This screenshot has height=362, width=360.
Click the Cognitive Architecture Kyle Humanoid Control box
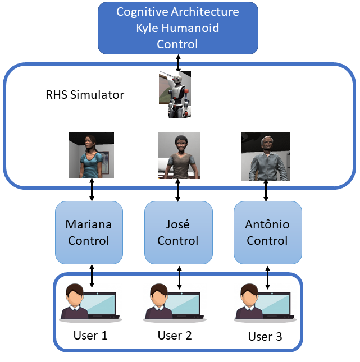178,28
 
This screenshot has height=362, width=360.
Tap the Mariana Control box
89,232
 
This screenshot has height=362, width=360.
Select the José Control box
178,232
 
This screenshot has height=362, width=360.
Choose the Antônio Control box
267,232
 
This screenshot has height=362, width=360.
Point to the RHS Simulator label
85,95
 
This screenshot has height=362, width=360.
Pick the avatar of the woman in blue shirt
91,155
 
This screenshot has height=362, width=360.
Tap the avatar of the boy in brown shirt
179,155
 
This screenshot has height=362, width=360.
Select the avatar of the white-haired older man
266,157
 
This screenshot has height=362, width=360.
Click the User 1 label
90,336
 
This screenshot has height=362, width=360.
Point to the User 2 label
175,336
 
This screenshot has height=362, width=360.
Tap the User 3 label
265,337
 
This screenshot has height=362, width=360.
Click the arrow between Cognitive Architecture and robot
179,62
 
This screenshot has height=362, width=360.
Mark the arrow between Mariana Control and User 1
92,275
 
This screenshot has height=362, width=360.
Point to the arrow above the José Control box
178,191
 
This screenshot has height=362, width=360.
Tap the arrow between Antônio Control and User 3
266,275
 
